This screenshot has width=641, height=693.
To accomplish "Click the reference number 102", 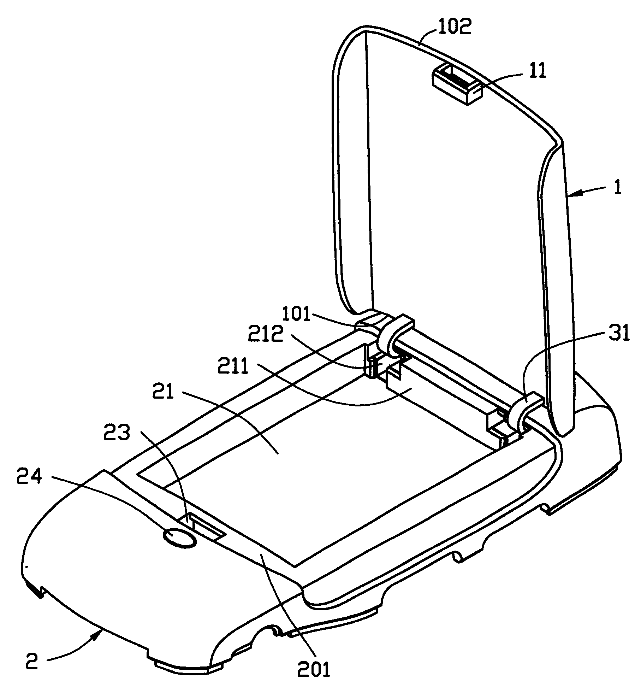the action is tap(455, 27).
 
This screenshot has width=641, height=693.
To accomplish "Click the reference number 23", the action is tap(117, 433).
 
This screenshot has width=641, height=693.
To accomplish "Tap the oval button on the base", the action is tap(179, 539).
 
